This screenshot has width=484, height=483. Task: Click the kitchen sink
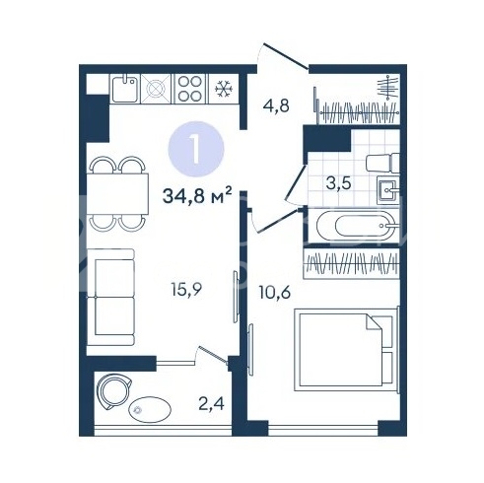click(x=125, y=89)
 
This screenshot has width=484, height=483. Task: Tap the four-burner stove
click(x=190, y=89)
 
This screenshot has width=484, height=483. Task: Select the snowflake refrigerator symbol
click(x=224, y=89)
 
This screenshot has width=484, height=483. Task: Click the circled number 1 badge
click(x=196, y=149)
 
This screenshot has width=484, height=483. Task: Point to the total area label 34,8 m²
click(x=197, y=196)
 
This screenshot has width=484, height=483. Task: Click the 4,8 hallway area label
click(x=276, y=105)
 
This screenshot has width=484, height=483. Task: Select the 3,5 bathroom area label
click(x=338, y=183)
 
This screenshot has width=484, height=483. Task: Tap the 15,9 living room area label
click(x=186, y=290)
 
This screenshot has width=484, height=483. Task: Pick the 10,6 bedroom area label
click(x=275, y=292)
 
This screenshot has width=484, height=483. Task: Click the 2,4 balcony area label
click(x=211, y=403)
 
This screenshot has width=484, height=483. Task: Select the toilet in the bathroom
click(x=382, y=163)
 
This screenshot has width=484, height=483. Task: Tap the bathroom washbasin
click(x=388, y=190)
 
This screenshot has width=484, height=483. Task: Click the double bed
click(x=346, y=349)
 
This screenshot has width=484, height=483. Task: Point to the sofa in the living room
click(x=110, y=297)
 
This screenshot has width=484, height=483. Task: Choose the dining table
click(x=117, y=194)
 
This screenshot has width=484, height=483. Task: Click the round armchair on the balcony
click(x=114, y=391)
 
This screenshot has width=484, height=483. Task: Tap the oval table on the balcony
click(x=150, y=409)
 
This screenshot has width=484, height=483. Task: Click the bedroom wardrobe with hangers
click(x=351, y=264)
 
